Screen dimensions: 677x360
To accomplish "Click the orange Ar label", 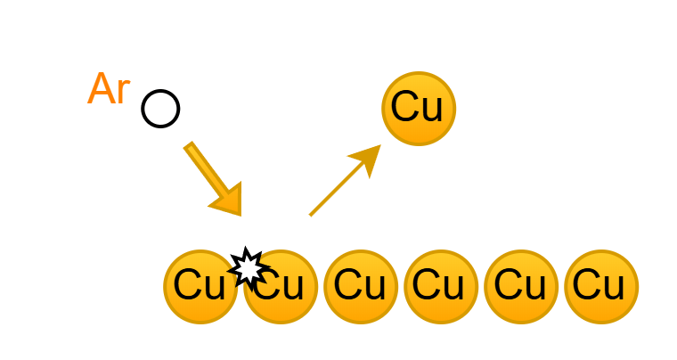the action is (x=109, y=89).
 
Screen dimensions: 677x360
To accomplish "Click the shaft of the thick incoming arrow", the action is (x=206, y=169).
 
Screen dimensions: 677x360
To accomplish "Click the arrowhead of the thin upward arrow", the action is (x=367, y=159).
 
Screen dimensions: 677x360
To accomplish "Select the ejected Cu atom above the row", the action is (x=419, y=109).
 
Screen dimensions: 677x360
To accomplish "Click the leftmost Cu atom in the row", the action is (x=200, y=287).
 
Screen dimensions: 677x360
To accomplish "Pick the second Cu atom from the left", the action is (x=281, y=287).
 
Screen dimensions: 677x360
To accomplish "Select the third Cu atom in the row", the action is (x=361, y=287).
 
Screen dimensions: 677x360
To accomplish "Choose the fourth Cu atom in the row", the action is (x=441, y=287).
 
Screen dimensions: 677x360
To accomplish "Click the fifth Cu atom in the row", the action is (x=521, y=287).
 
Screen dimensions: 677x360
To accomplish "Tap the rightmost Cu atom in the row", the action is (x=601, y=287).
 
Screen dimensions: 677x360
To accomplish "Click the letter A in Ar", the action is (x=101, y=89).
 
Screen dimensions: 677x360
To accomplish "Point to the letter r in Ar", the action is (x=124, y=93).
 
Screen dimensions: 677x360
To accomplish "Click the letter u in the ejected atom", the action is (x=432, y=110).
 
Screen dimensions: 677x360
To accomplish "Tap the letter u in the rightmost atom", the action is (x=614, y=288).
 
